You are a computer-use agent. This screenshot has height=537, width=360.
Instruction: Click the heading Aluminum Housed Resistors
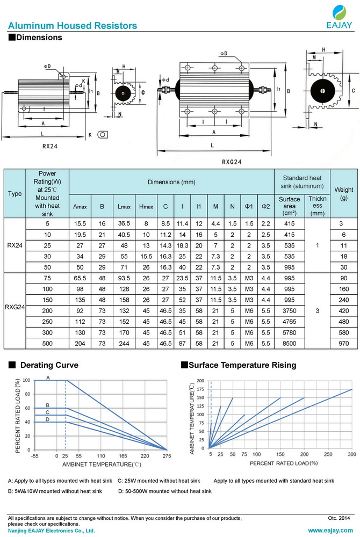point(73,26)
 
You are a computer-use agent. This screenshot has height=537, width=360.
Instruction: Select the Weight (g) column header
point(343,194)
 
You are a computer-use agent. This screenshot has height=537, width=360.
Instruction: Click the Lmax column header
point(124,207)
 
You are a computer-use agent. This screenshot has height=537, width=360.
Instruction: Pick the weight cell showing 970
point(343,343)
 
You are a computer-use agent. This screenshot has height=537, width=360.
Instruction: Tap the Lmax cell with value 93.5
point(124,278)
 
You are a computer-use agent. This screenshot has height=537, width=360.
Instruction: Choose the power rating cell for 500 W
point(47,343)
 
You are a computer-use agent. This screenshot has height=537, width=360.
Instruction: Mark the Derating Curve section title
point(49,365)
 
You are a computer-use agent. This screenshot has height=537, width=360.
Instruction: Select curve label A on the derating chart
point(48,378)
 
